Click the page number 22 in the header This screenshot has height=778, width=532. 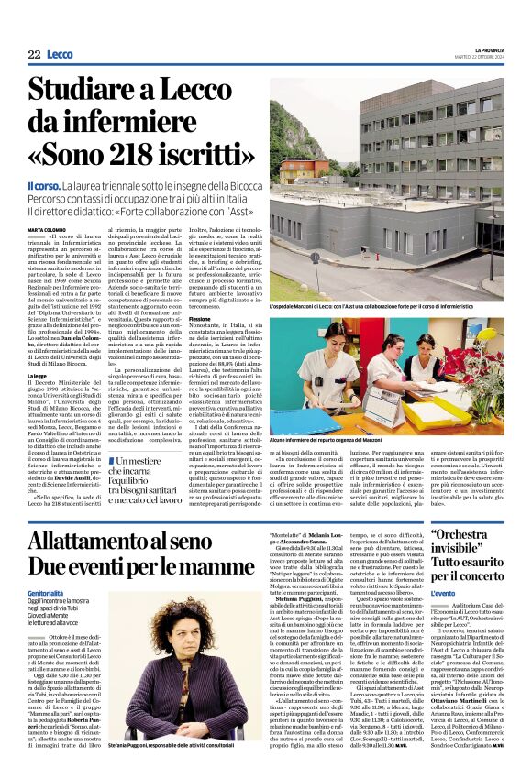[x=33, y=55]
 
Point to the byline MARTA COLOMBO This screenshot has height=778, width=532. [x=46, y=229]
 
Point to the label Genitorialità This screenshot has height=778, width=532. [x=51, y=592]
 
